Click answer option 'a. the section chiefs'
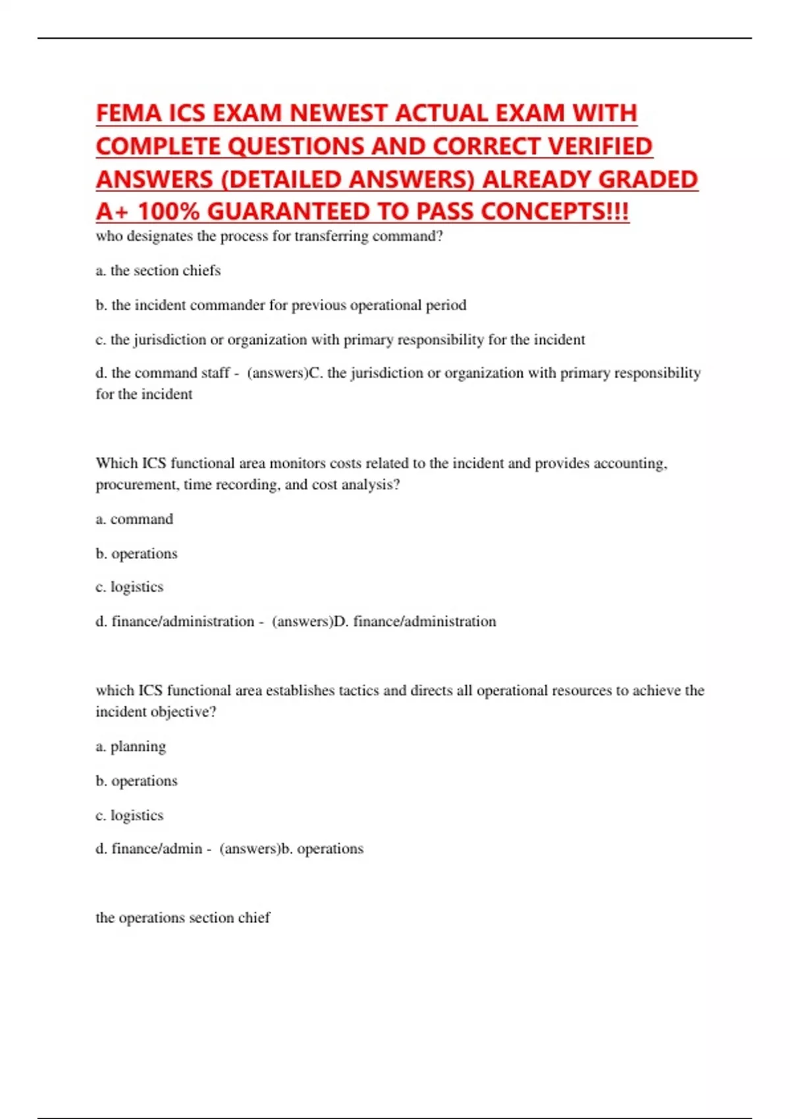pos(158,271)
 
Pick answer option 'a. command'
pos(134,519)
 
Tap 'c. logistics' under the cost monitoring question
pos(130,587)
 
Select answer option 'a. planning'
pos(131,746)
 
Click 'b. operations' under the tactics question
pos(137,781)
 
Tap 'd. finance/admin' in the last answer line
pos(149,848)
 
